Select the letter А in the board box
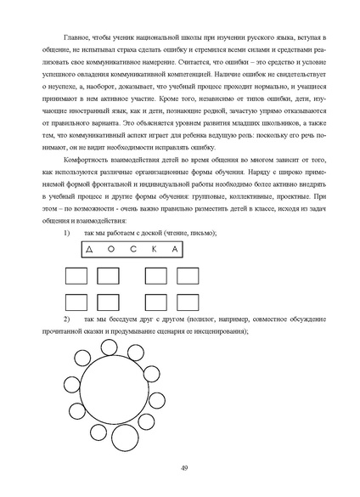pos(173,250)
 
